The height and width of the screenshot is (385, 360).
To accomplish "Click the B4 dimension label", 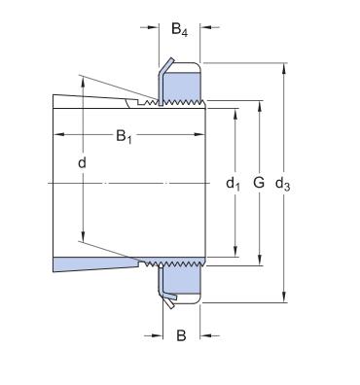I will [180, 30].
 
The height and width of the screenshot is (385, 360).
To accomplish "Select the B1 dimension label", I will [125, 137].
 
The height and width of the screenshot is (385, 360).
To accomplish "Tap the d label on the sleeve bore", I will [82, 162].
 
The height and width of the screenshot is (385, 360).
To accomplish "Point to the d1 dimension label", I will [233, 182].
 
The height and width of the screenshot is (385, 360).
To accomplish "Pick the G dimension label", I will [258, 182].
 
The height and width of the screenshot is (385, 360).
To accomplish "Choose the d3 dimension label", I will [284, 182].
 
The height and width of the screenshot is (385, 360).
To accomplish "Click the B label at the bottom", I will [180, 337].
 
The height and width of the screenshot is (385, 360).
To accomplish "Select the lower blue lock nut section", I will [182, 279].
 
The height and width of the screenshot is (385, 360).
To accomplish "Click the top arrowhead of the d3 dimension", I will [284, 68].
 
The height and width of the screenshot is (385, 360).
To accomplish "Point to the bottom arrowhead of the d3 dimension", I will [284, 298].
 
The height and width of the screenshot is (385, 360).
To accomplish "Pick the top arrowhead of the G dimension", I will [259, 102].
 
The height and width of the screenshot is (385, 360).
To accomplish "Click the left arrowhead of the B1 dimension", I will [58, 134].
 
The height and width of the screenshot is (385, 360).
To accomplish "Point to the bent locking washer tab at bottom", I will [167, 303].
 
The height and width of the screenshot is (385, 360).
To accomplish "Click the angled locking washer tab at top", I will [166, 67].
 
